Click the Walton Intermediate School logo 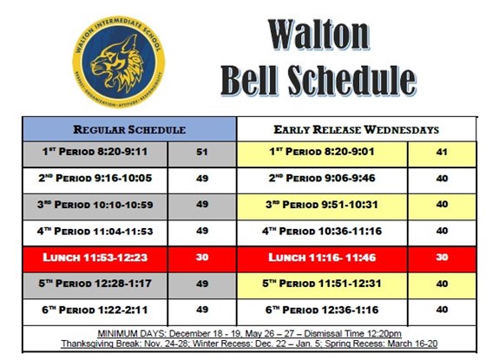tap(119, 62)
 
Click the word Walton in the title tap(318, 35)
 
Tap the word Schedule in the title tap(352, 81)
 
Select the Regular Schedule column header tap(129, 129)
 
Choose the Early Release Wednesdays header tap(357, 129)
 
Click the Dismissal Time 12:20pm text tap(352, 334)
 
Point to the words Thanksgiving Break tap(102, 344)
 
